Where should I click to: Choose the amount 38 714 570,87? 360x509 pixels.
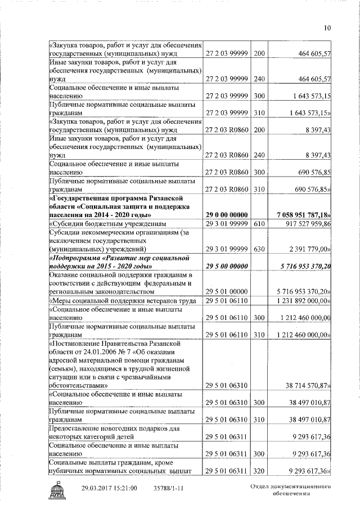pos(309,386)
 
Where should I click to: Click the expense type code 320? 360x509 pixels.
pos(259,471)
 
